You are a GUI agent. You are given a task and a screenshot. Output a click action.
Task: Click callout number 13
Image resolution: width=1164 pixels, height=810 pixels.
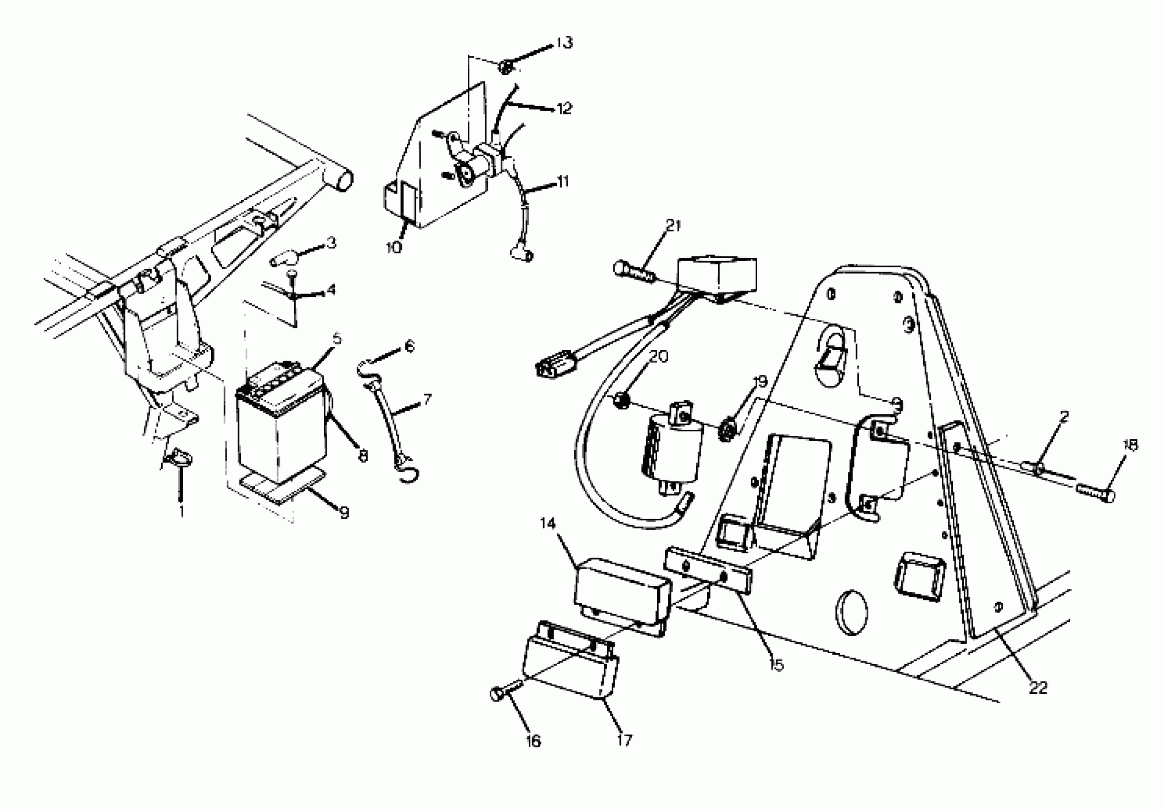pos(564,42)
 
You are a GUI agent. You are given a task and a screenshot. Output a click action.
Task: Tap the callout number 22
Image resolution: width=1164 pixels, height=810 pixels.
pos(1037,688)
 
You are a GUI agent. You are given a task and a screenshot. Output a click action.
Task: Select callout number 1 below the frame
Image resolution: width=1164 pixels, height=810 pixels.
pos(181,512)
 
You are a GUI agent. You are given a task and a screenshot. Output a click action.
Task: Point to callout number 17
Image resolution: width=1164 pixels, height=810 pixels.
pos(625,740)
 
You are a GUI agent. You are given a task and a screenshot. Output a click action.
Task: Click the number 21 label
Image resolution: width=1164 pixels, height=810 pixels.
pos(673,226)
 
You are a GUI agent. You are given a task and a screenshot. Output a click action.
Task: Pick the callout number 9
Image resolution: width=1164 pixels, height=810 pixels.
pos(344,513)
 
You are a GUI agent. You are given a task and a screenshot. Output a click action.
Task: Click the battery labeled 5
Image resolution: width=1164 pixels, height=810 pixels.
pos(280,424)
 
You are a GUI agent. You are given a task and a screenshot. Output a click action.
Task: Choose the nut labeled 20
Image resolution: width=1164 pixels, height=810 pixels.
pos(621,401)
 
